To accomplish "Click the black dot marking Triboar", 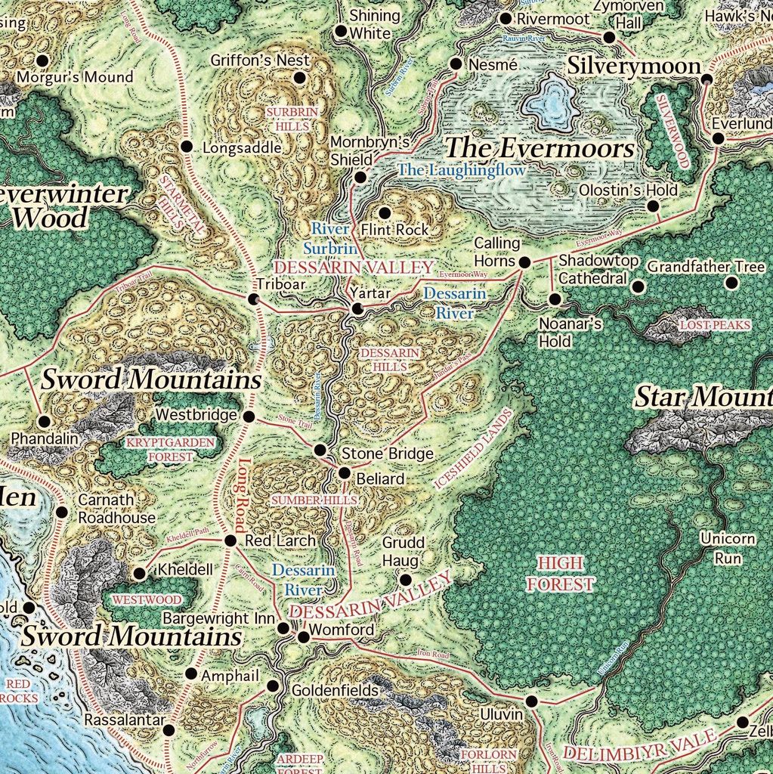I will click(x=254, y=299).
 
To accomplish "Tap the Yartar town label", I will click(x=369, y=293).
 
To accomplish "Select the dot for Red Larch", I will click(x=231, y=540).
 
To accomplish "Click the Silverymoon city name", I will click(x=634, y=66).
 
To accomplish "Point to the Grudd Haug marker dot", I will click(x=405, y=580).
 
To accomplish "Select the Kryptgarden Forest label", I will click(x=159, y=449).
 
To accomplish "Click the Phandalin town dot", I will click(x=44, y=421).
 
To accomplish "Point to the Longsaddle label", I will click(x=242, y=148).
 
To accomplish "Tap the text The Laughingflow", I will click(x=461, y=170).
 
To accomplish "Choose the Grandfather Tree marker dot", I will click(x=731, y=283).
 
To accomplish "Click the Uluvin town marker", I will click(x=532, y=701).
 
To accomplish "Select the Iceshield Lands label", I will click(x=473, y=448).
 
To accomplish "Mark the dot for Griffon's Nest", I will click(x=299, y=78).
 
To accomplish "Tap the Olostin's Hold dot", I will click(x=653, y=206).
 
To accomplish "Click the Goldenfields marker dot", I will click(x=273, y=686).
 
